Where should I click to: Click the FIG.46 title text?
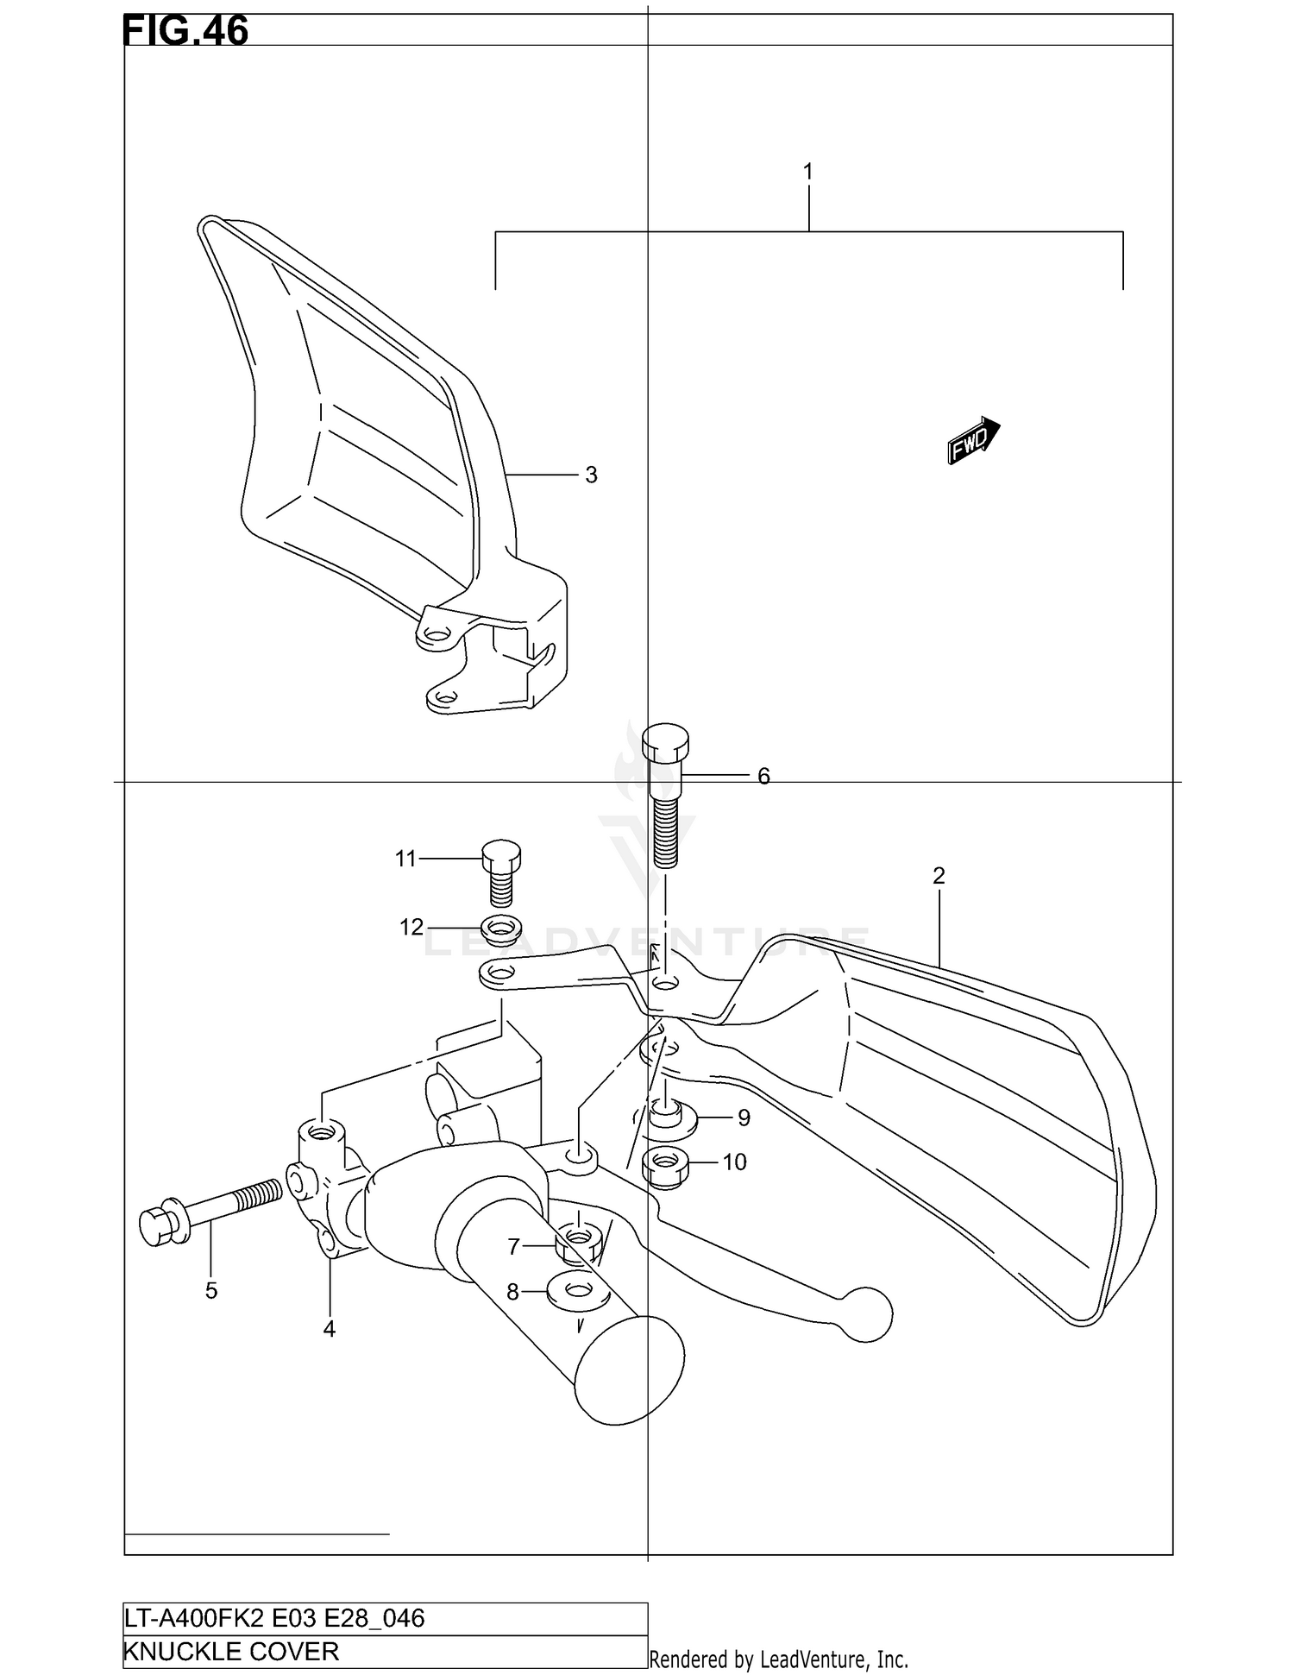[x=185, y=30]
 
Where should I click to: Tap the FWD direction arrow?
[x=974, y=441]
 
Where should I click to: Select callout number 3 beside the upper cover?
[x=591, y=475]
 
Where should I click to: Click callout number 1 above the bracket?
[x=808, y=172]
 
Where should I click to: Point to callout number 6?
[x=763, y=777]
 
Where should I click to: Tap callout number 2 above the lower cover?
[x=939, y=876]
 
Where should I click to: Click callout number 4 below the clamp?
[x=329, y=1330]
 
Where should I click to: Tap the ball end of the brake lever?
[x=866, y=1315]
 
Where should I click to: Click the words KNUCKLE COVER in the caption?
[x=231, y=1652]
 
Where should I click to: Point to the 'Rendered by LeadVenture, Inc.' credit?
[x=778, y=1659]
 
